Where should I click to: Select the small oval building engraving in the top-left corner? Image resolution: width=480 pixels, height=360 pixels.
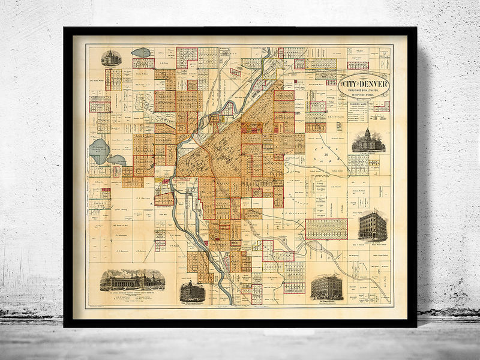(x=112, y=58)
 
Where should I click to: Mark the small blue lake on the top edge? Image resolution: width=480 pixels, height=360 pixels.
(x=142, y=53)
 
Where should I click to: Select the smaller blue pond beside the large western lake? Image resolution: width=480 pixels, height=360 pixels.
(x=116, y=160)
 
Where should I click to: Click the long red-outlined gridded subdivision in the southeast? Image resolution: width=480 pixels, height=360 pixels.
(x=326, y=229)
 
